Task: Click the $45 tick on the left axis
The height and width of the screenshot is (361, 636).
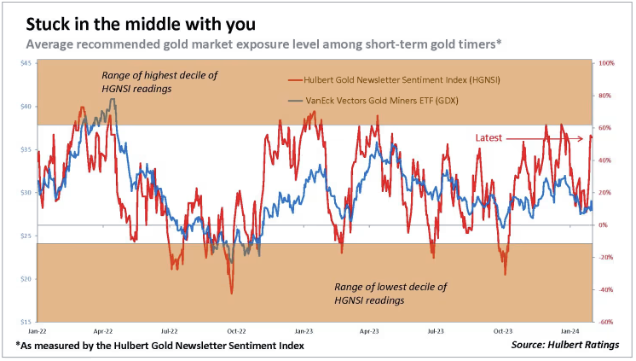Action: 26,63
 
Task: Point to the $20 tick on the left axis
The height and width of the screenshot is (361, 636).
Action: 26,279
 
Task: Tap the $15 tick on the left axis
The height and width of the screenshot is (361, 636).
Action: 26,322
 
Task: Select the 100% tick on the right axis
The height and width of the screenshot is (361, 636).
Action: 606,63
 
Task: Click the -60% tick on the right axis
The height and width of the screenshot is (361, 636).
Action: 606,322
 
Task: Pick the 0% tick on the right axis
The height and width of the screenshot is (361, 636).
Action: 604,225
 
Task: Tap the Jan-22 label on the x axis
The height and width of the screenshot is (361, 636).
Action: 37,329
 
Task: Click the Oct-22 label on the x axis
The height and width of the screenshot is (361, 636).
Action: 235,329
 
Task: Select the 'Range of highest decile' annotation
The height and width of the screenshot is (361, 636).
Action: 159,82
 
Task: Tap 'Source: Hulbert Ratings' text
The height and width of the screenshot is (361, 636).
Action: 564,345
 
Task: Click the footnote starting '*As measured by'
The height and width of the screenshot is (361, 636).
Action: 159,345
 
